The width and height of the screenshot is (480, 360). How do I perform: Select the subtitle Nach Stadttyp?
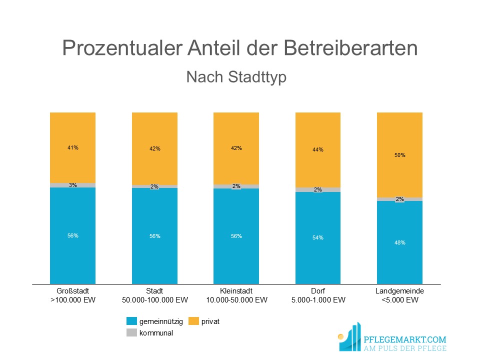(x=236, y=76)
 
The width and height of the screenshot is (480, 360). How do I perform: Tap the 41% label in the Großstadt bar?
(x=73, y=147)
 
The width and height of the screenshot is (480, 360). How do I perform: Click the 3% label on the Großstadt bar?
(x=73, y=185)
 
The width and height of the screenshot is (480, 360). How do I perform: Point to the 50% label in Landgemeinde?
(x=399, y=155)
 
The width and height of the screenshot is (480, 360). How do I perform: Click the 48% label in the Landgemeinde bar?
(x=399, y=242)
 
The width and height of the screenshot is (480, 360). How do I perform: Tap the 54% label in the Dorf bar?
(x=318, y=237)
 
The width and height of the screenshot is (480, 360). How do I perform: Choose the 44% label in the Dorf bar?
(x=318, y=149)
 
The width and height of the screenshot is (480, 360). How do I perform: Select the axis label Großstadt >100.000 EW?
(x=73, y=295)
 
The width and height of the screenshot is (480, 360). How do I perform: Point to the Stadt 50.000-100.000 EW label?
(x=155, y=295)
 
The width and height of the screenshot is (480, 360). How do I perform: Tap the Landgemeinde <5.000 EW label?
(x=399, y=295)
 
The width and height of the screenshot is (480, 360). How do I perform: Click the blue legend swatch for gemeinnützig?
(x=131, y=321)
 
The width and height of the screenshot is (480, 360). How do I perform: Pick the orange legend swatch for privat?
(x=193, y=321)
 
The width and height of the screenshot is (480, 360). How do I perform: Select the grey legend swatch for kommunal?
(x=131, y=333)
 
